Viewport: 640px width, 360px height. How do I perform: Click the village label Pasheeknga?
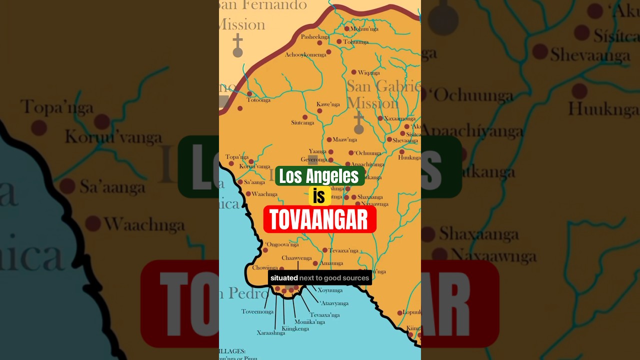(x=315, y=37)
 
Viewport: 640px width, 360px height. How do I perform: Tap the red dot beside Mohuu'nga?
(x=346, y=29)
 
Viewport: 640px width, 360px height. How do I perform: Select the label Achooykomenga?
(x=305, y=54)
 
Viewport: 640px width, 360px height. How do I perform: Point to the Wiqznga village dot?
(x=353, y=72)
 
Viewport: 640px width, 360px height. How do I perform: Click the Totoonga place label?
(x=258, y=100)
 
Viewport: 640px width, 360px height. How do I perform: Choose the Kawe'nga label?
(x=328, y=104)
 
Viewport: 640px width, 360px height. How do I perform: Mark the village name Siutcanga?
(x=302, y=122)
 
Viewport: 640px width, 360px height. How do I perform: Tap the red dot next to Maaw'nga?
(x=329, y=140)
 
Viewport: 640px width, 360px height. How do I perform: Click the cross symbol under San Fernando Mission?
(x=237, y=46)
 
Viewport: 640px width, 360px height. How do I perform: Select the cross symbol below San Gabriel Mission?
(x=358, y=123)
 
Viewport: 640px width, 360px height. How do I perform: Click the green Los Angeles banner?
(x=319, y=176)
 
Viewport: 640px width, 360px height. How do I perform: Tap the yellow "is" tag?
(x=319, y=196)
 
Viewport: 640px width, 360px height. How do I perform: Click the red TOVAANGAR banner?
(x=319, y=219)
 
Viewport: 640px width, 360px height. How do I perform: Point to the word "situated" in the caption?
(x=284, y=278)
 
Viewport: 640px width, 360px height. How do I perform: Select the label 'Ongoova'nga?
(x=282, y=244)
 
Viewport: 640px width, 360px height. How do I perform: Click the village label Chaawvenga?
(x=296, y=258)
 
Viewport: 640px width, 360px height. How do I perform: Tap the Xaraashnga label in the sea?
(x=271, y=333)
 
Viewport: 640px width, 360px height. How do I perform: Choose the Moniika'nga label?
(x=309, y=322)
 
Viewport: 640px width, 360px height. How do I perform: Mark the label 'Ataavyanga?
(x=334, y=303)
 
